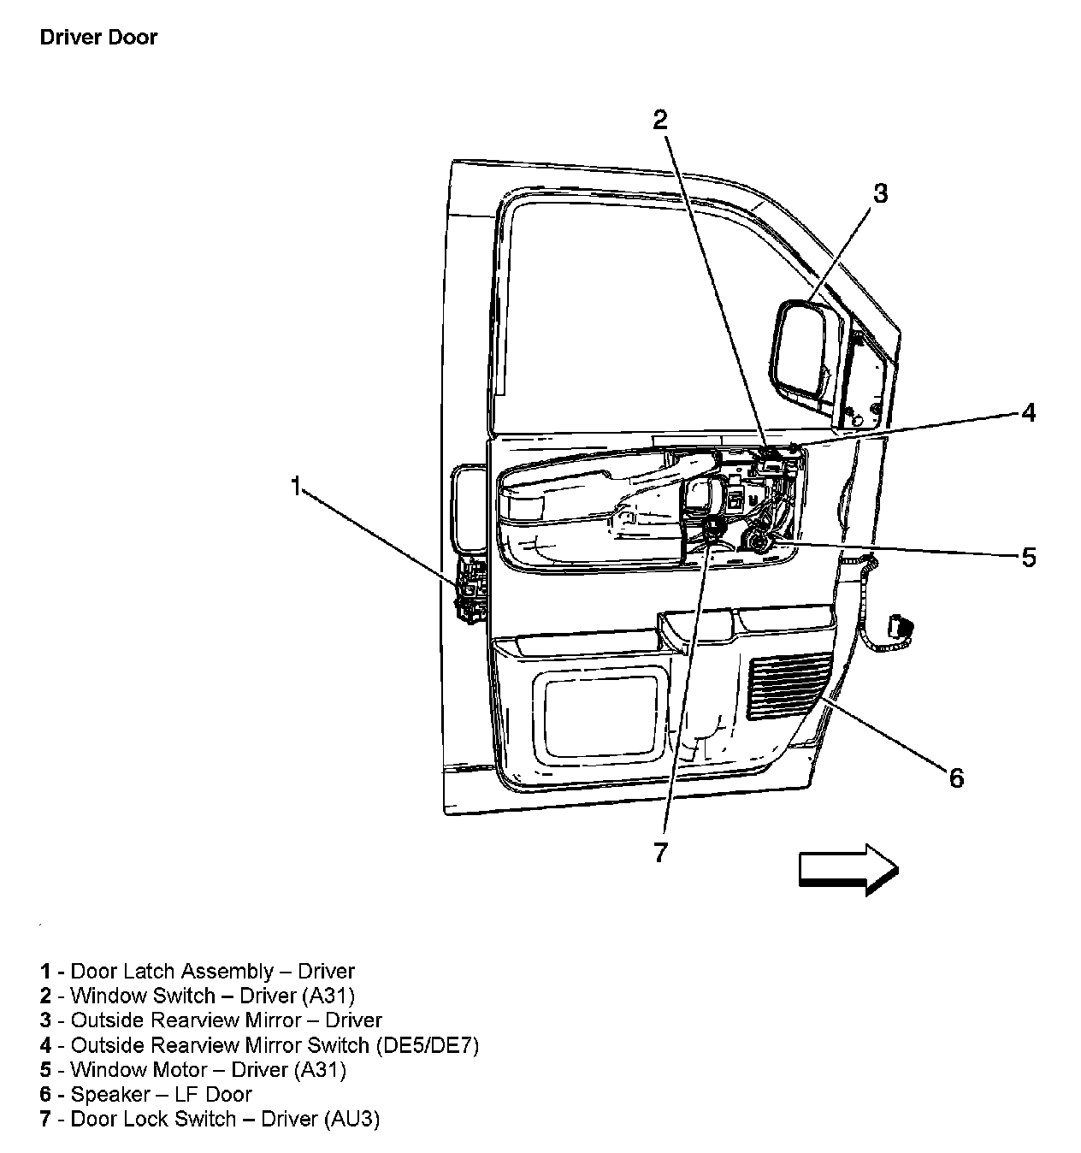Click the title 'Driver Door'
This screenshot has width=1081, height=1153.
pyautogui.click(x=98, y=38)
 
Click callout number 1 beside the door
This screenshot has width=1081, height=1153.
pyautogui.click(x=296, y=488)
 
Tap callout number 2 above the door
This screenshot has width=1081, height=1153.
pyautogui.click(x=659, y=120)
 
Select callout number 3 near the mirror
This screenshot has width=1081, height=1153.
pyautogui.click(x=880, y=193)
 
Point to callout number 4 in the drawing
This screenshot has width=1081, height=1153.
pyautogui.click(x=1029, y=413)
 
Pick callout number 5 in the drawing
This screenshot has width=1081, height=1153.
pyautogui.click(x=1029, y=558)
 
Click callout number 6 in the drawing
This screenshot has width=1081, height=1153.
pyautogui.click(x=956, y=778)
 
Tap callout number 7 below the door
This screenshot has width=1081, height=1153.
pyautogui.click(x=659, y=852)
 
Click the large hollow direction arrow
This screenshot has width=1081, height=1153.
pyautogui.click(x=848, y=869)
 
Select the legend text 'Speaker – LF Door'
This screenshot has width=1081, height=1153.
pyautogui.click(x=161, y=1094)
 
